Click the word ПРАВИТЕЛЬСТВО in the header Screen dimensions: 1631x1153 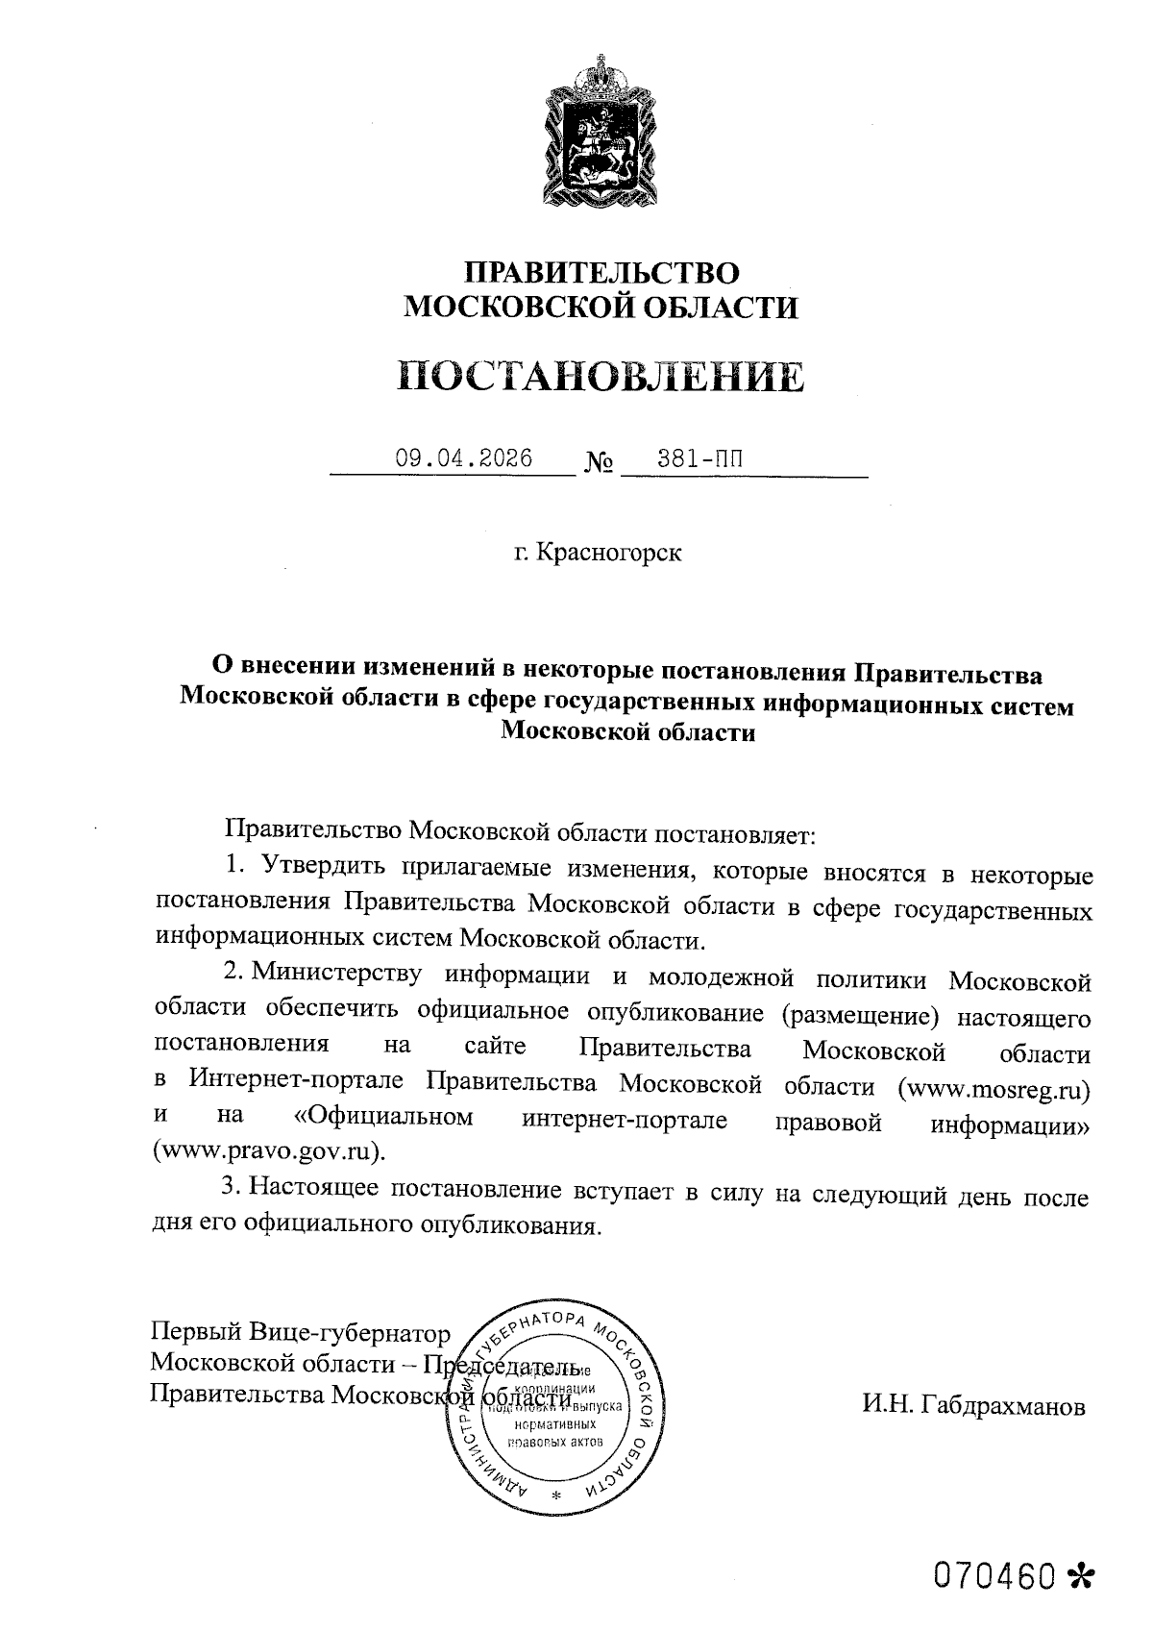pos(601,272)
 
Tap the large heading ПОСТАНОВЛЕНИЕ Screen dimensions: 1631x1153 pos(601,376)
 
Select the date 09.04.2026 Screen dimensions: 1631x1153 pos(464,458)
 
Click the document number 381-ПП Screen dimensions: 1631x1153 pos(699,458)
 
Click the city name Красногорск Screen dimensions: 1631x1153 pos(608,554)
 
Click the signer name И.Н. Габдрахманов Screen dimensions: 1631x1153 pos(973,1406)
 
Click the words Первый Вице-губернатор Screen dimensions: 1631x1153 pos(300,1334)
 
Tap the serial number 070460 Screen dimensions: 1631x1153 pos(995,1574)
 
